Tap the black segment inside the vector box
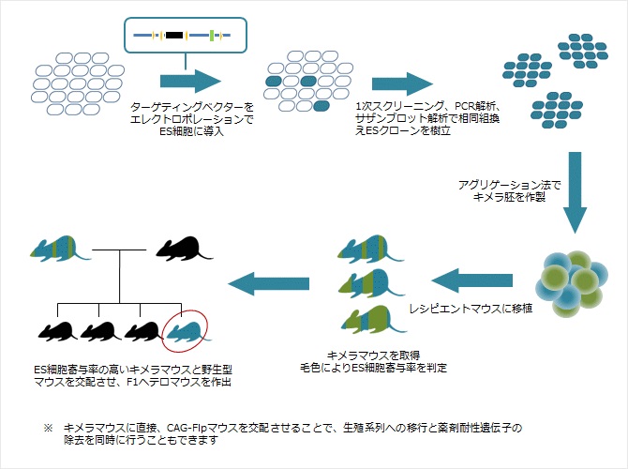(x=173, y=36)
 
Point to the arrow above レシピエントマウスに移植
(x=474, y=279)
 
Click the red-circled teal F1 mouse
(x=185, y=329)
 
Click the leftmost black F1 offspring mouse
(x=56, y=330)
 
